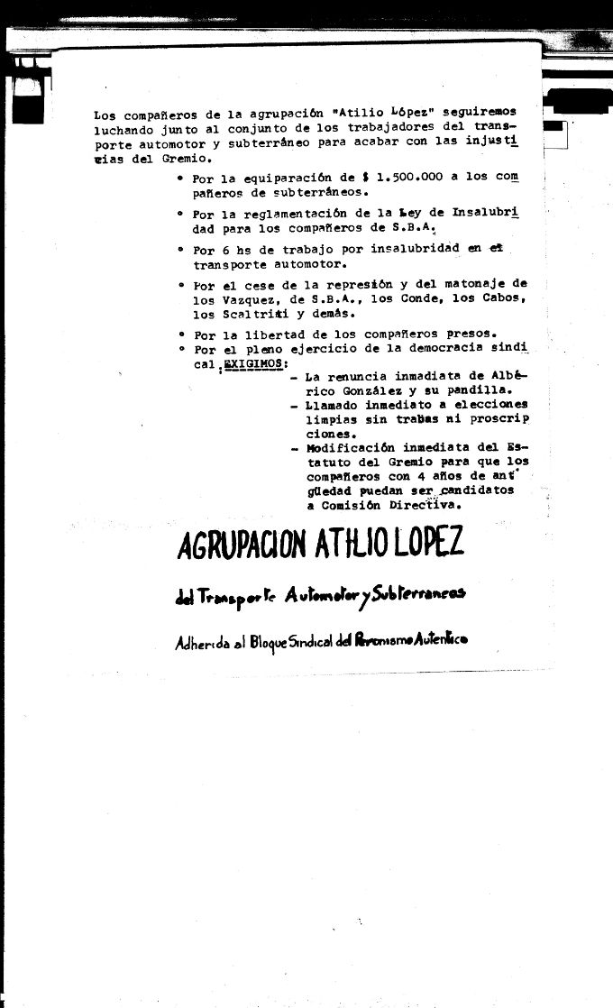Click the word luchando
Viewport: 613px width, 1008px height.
pos(123,130)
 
